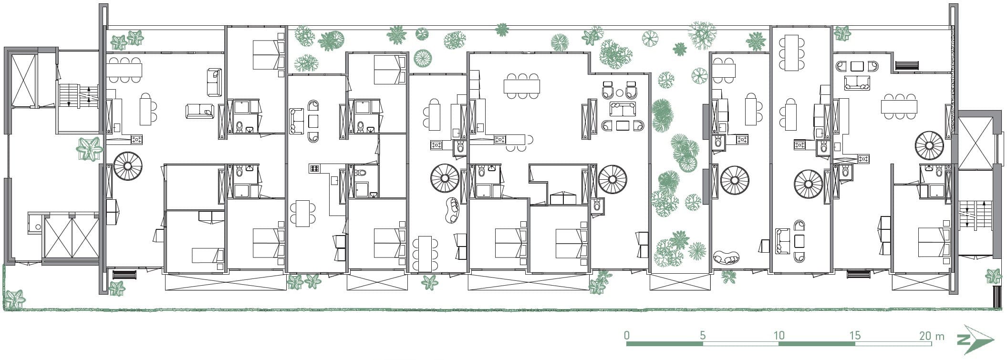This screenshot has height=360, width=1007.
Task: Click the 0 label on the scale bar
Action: (627, 335)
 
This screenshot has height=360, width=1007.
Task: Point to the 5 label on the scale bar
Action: (703, 335)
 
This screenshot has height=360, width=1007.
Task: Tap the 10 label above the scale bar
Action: (779, 335)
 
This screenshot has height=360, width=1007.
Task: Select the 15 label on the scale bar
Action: (854, 335)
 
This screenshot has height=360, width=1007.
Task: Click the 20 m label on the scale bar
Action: (932, 335)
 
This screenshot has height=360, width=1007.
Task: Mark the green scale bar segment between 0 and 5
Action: (664, 344)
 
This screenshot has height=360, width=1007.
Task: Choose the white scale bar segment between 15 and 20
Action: (892, 344)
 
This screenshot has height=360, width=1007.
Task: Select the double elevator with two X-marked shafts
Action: (71, 237)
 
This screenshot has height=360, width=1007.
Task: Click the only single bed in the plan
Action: (208, 256)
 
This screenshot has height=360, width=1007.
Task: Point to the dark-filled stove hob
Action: (315, 168)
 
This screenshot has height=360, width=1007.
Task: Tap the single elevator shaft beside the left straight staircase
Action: (23, 80)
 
